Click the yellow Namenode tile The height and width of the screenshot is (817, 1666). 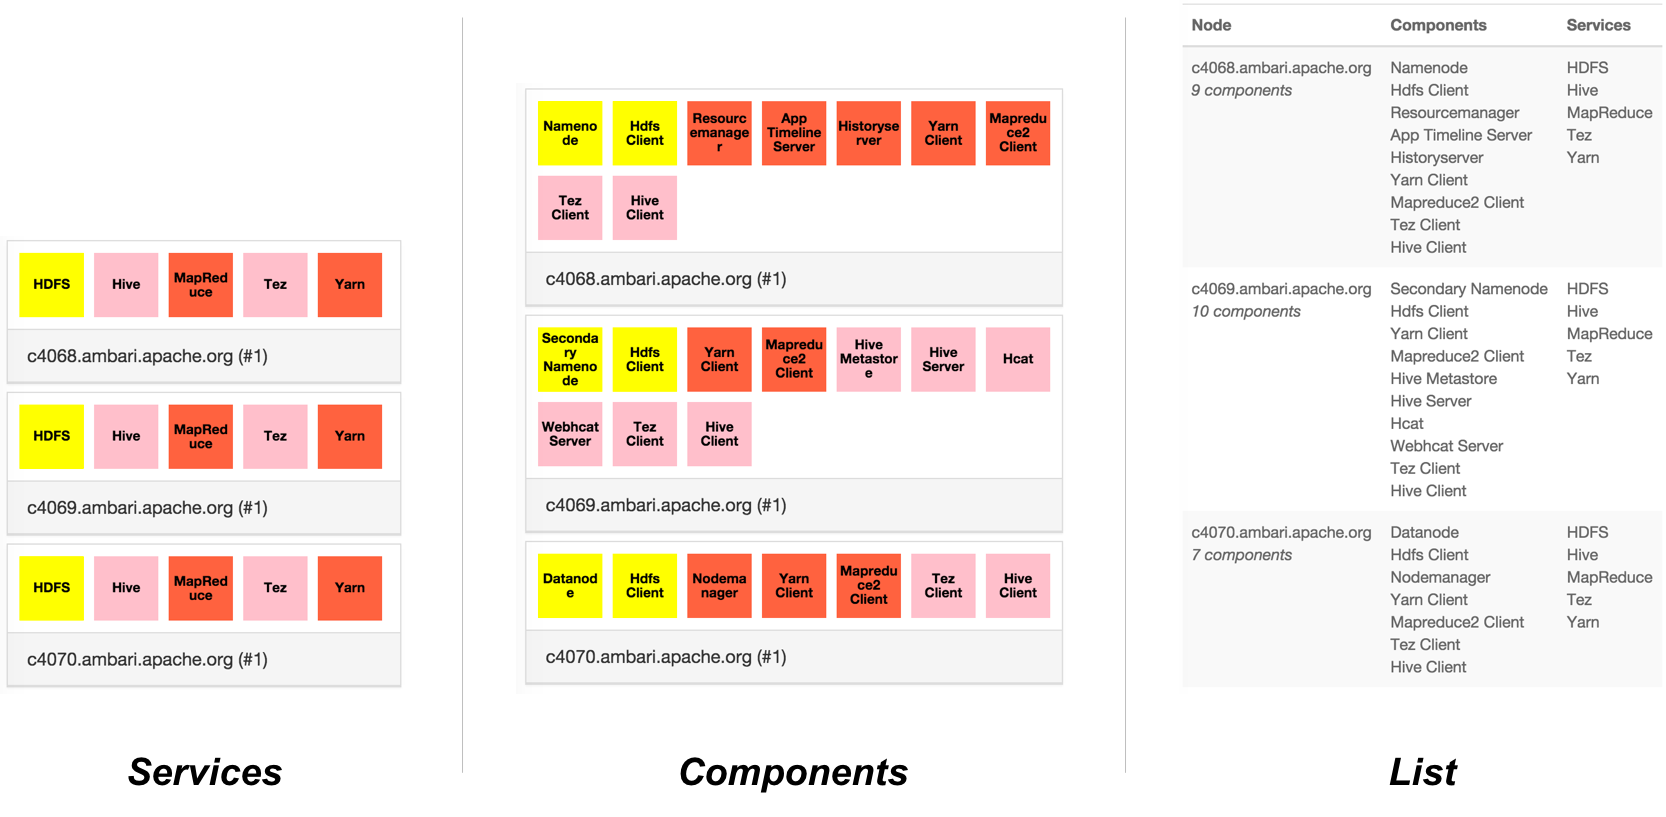(570, 133)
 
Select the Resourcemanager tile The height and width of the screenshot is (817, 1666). (719, 133)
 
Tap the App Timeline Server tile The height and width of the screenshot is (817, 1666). (794, 133)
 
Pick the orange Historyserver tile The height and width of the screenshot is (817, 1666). (868, 133)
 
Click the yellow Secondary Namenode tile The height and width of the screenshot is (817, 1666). (570, 359)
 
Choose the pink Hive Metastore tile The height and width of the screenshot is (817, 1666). (868, 359)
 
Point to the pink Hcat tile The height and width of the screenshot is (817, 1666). (1018, 359)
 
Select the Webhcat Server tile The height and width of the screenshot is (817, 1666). (570, 434)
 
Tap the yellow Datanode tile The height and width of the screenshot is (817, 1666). (570, 586)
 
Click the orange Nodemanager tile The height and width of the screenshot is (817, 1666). (719, 586)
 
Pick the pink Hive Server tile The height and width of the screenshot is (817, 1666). (943, 359)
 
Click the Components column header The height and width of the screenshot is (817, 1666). (1438, 25)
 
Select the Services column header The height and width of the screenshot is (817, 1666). (1598, 25)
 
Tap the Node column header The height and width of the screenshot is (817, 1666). (1211, 25)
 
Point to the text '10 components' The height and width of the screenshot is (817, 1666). (1246, 312)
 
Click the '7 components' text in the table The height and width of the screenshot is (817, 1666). (1241, 555)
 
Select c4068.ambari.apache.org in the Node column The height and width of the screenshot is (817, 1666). (1281, 68)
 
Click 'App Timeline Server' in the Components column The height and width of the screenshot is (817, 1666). (1461, 135)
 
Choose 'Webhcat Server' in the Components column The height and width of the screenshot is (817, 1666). (1446, 446)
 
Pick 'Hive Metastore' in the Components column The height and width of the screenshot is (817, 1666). (1443, 379)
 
